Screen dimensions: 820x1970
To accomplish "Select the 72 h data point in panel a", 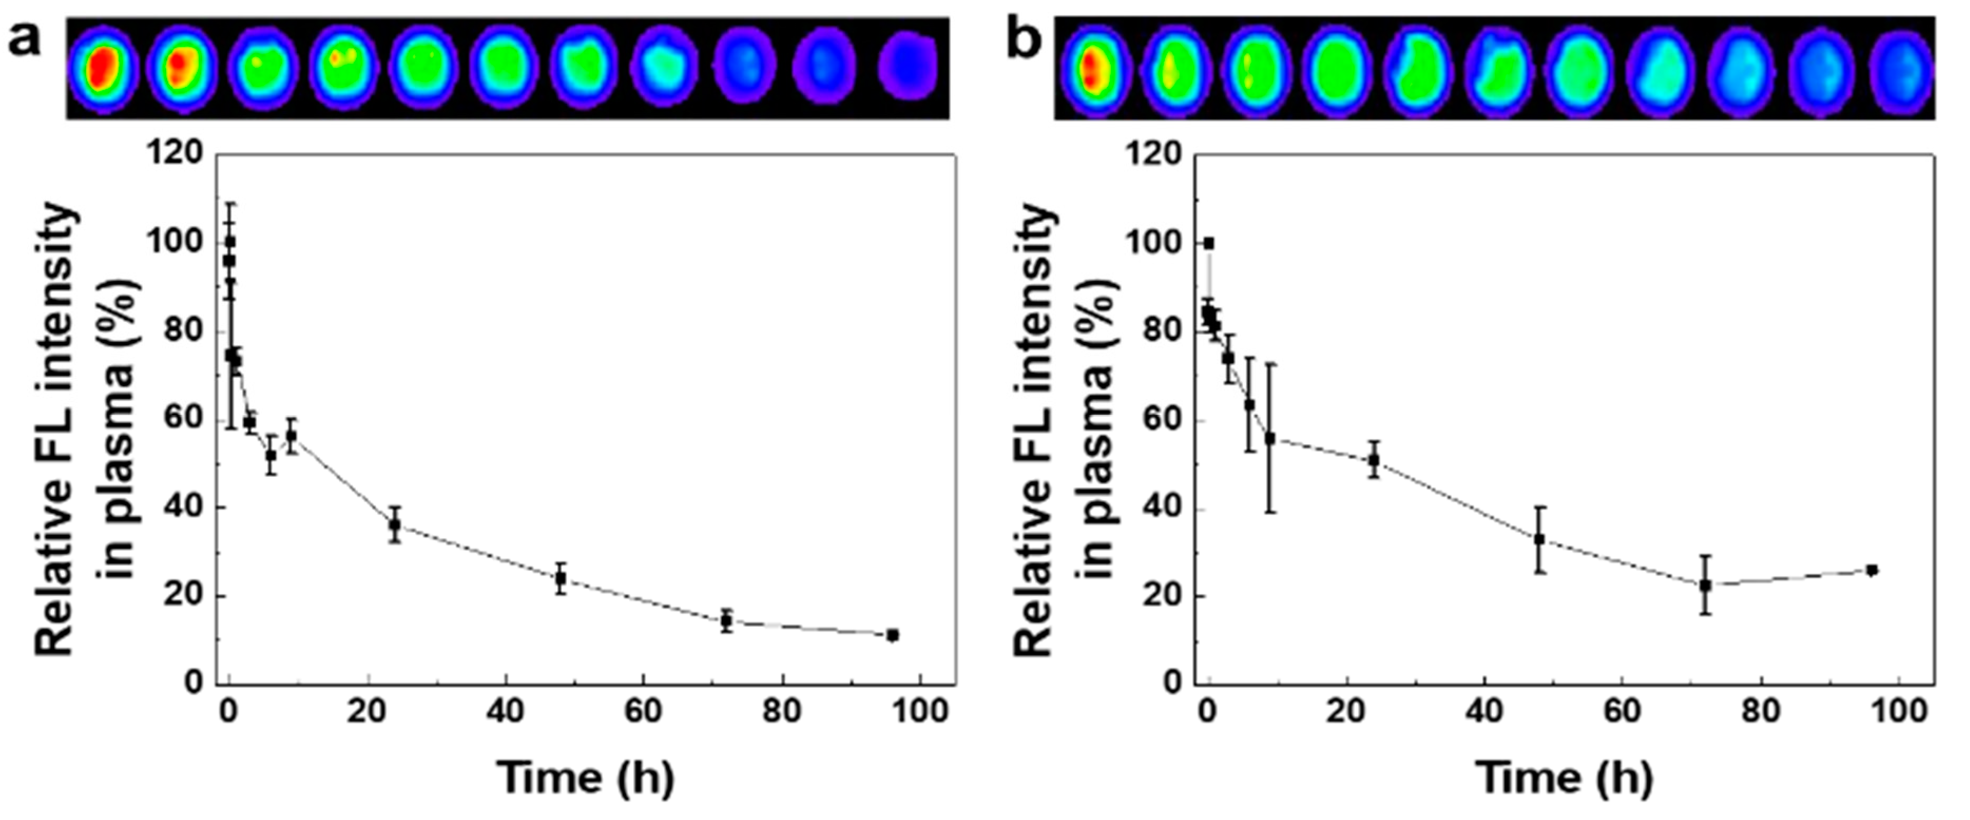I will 727,621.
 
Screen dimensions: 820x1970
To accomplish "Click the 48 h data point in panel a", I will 561,579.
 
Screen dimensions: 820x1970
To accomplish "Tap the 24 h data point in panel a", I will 394,525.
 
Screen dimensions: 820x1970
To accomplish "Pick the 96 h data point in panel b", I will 1871,570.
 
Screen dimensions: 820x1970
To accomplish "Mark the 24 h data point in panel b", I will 1374,460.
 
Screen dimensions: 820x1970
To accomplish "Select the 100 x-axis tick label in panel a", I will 920,711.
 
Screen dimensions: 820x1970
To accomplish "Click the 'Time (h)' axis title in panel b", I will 1566,778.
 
